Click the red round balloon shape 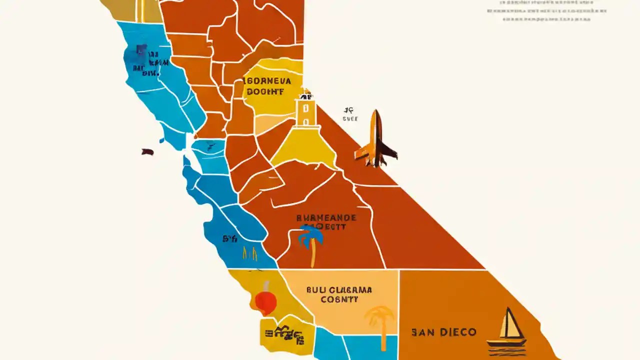(x=266, y=301)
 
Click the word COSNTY (x=339, y=300)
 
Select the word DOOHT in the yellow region (x=265, y=91)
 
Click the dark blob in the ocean (x=147, y=151)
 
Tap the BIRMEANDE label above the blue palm (x=326, y=218)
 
